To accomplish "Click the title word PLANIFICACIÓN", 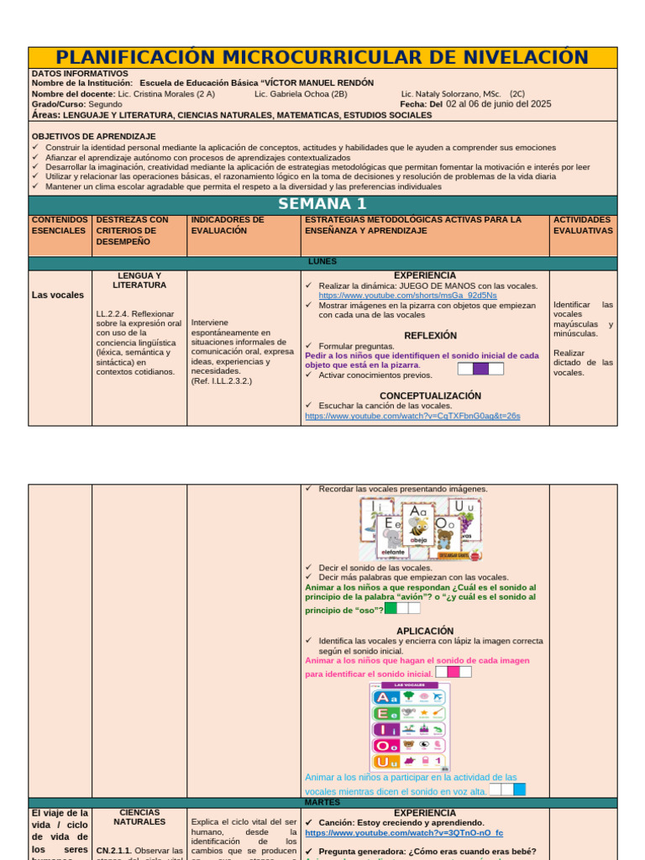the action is point(132,57).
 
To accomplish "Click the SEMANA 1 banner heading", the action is point(322,204).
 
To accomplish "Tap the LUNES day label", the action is point(322,262).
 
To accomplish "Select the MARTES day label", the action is point(322,802).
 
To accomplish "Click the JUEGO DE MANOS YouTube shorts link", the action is point(407,296).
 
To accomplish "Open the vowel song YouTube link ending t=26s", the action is point(412,416).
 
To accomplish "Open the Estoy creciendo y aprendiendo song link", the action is point(404,833).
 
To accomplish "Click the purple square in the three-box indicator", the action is point(481,369).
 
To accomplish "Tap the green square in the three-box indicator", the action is point(391,608).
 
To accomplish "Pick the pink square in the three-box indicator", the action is point(454,672).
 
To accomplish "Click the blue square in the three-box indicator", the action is point(519,789).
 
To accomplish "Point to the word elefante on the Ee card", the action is point(391,552).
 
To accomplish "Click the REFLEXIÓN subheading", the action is point(430,335).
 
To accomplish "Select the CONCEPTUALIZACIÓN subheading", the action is point(430,396).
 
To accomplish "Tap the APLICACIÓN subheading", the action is point(425,631).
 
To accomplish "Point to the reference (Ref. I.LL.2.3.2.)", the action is point(222,380).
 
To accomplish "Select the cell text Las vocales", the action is point(58,295).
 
